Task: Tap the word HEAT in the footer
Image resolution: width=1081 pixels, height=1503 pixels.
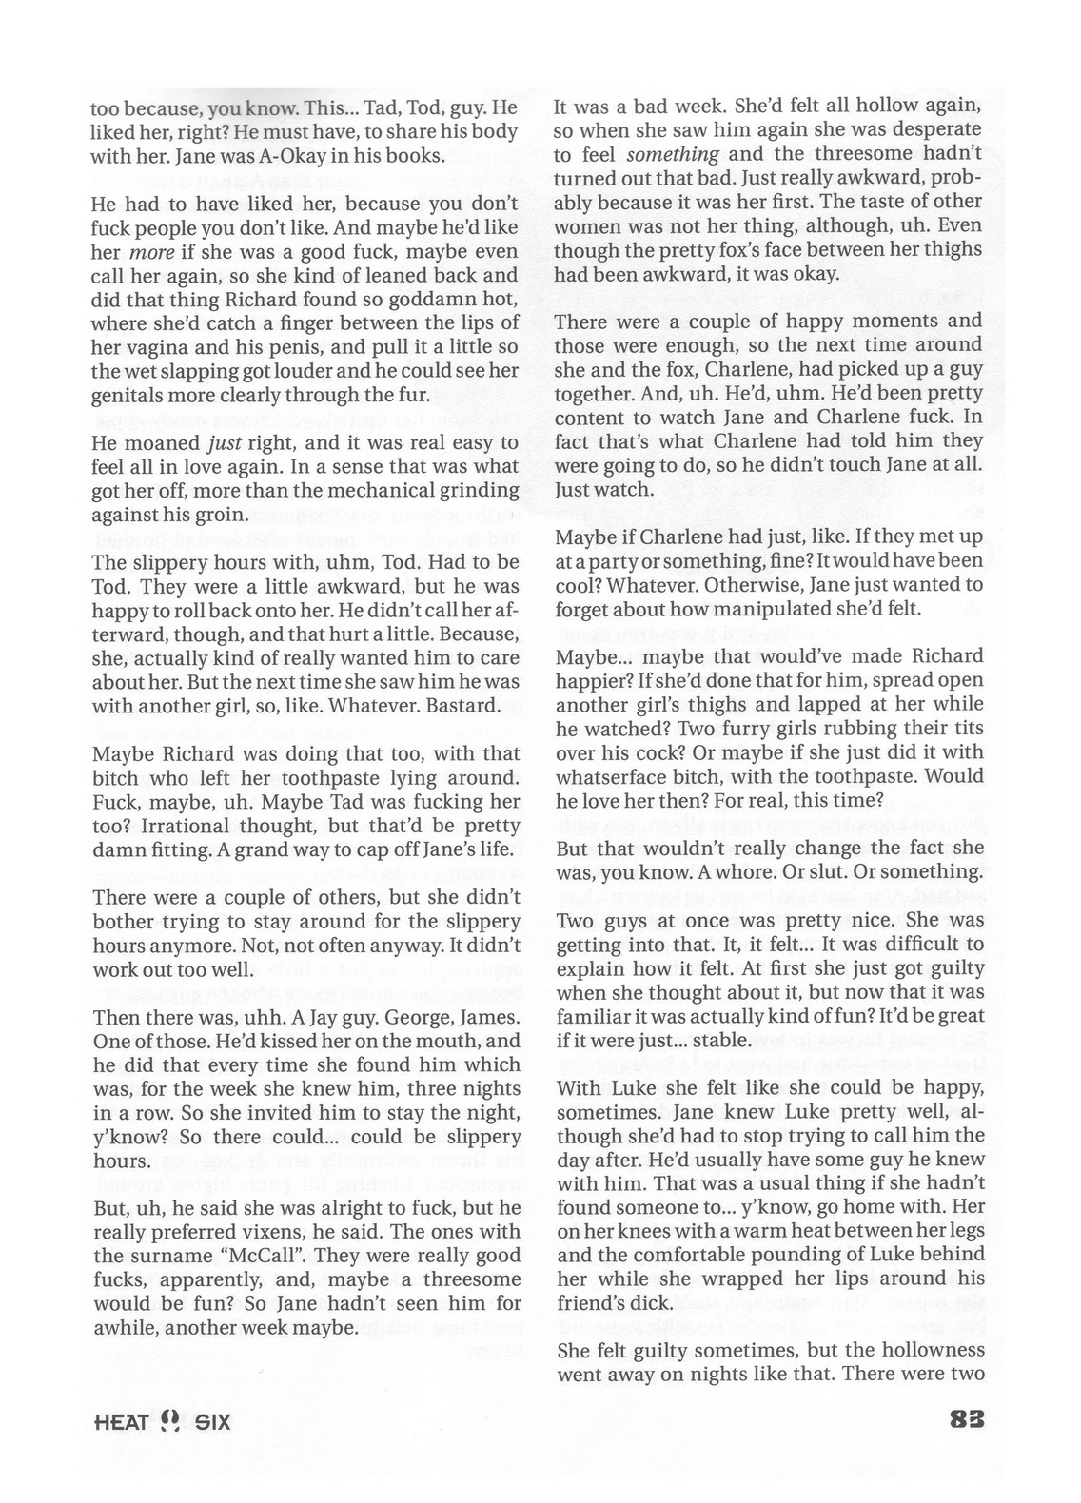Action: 122,1423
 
